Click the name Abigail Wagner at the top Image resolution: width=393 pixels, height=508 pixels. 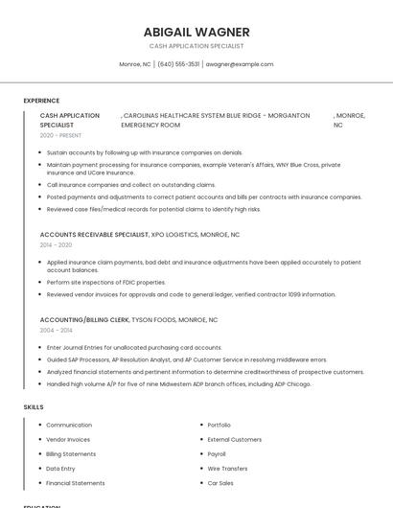pyautogui.click(x=196, y=32)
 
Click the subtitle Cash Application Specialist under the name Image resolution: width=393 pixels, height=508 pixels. pyautogui.click(x=196, y=46)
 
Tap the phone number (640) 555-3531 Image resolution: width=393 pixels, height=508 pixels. pyautogui.click(x=178, y=64)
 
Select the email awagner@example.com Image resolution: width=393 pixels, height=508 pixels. pyautogui.click(x=240, y=64)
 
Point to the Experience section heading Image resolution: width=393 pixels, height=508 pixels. pyautogui.click(x=41, y=101)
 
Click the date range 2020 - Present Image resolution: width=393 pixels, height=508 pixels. pyautogui.click(x=60, y=135)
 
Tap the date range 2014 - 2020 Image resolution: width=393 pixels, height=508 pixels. pyautogui.click(x=56, y=245)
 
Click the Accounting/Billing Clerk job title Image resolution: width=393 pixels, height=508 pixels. pyautogui.click(x=84, y=319)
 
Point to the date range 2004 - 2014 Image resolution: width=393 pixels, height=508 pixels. pyautogui.click(x=56, y=331)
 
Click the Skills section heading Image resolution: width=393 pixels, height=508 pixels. pyautogui.click(x=34, y=407)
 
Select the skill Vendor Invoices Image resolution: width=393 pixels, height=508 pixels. pyautogui.click(x=68, y=439)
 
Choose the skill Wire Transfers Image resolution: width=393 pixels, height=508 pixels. pyautogui.click(x=227, y=469)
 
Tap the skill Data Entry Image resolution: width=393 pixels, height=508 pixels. pyautogui.click(x=60, y=469)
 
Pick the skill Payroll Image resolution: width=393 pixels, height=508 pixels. pyautogui.click(x=217, y=453)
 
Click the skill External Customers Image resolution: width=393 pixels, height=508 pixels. pyautogui.click(x=235, y=439)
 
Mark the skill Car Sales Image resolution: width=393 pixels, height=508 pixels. pyautogui.click(x=220, y=483)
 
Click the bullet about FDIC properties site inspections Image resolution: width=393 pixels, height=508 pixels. pyautogui.click(x=105, y=283)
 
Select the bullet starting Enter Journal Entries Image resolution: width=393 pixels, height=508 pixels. pyautogui.click(x=133, y=347)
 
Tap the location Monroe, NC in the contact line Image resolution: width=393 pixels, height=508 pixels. pyautogui.click(x=135, y=64)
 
